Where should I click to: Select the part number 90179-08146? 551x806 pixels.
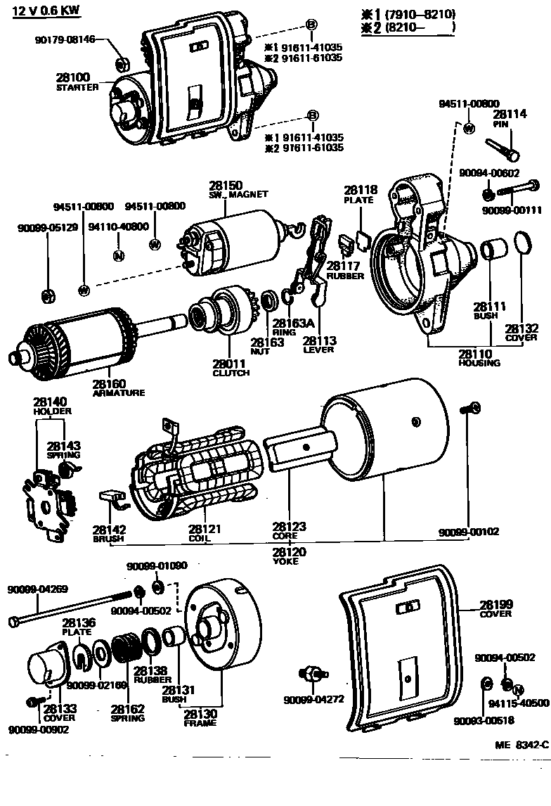65,40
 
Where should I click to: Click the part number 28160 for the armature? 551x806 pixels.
108,383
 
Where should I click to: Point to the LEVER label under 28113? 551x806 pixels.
318,350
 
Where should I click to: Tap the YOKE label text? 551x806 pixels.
286,561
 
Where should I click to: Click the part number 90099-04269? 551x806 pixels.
37,589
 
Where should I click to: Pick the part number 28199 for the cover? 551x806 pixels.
496,604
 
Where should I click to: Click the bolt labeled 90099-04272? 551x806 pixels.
313,674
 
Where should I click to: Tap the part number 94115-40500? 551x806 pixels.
519,703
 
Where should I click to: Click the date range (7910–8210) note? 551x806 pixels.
420,14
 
